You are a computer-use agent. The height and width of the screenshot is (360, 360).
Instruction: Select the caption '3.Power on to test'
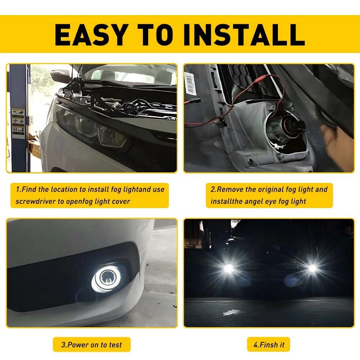92,345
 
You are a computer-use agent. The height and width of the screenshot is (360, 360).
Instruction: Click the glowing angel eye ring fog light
103,279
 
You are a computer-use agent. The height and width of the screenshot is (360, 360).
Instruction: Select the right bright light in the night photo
312,268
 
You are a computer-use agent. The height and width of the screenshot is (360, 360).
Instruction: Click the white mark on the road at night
232,312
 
